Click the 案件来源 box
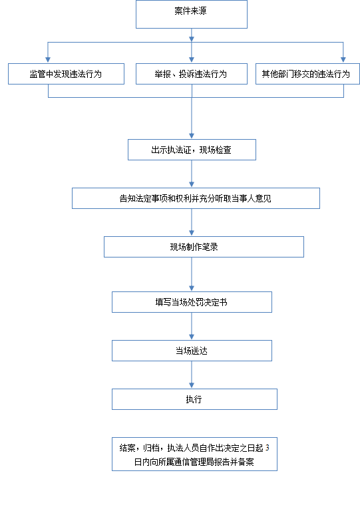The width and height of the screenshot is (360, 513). (192, 14)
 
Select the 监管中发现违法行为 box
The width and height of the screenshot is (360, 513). (66, 74)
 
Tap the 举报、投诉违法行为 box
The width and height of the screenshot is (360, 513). (192, 74)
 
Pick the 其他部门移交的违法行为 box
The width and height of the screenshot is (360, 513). (307, 74)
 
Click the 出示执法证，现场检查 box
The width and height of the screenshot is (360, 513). (192, 150)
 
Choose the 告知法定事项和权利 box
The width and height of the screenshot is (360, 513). (196, 198)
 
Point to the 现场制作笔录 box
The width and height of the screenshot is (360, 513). (204, 247)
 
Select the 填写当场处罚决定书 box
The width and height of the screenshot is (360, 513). (192, 302)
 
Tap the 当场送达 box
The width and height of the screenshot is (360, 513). (192, 351)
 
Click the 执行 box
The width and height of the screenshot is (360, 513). (194, 399)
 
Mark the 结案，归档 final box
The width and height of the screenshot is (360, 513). (194, 454)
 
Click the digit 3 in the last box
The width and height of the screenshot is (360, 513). (268, 448)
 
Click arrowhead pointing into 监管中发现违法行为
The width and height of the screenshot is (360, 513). (48, 59)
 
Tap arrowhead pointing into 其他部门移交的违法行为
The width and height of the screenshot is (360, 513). (343, 59)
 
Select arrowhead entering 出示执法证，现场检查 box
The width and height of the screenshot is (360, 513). (192, 136)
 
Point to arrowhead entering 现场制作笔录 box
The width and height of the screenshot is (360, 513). (192, 233)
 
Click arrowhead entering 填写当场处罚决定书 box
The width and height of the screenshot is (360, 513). (192, 288)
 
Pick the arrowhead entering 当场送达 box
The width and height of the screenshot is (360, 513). (192, 337)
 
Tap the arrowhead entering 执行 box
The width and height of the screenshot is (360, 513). (192, 385)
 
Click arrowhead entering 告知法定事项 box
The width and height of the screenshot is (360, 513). (192, 184)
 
